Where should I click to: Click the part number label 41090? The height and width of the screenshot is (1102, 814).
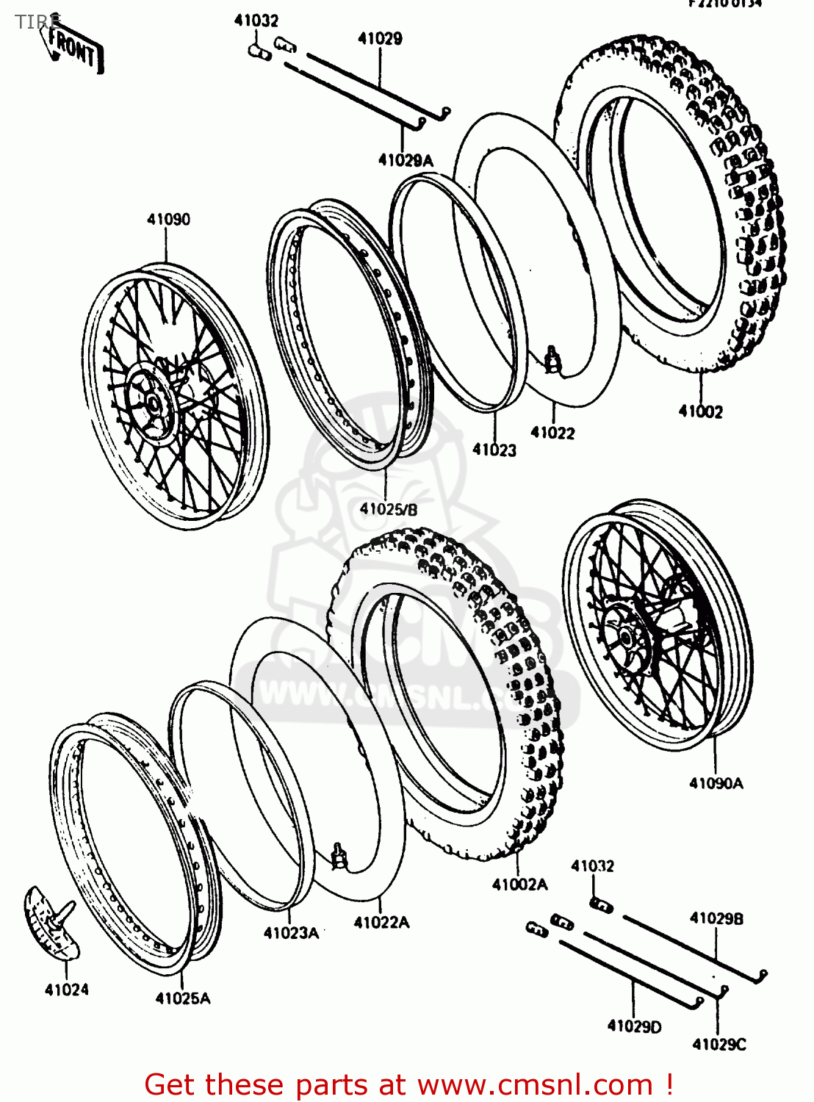[x=168, y=219]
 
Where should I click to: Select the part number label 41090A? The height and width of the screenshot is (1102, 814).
[x=716, y=783]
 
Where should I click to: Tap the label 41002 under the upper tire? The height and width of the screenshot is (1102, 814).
[x=700, y=411]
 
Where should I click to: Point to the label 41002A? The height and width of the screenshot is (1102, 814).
[x=519, y=885]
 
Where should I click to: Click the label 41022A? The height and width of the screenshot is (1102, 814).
[x=381, y=923]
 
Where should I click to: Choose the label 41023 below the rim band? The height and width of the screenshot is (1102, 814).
[x=494, y=450]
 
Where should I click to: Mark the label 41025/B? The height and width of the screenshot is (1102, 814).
[x=388, y=508]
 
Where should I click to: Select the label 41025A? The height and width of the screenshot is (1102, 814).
[x=182, y=998]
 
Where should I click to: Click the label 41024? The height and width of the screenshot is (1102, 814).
[x=66, y=990]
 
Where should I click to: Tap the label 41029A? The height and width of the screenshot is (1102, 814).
[x=406, y=160]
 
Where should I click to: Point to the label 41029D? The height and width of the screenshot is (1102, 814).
[x=634, y=1026]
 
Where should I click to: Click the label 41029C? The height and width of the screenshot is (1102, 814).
[x=718, y=1044]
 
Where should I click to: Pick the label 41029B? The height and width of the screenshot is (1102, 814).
[x=716, y=918]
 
